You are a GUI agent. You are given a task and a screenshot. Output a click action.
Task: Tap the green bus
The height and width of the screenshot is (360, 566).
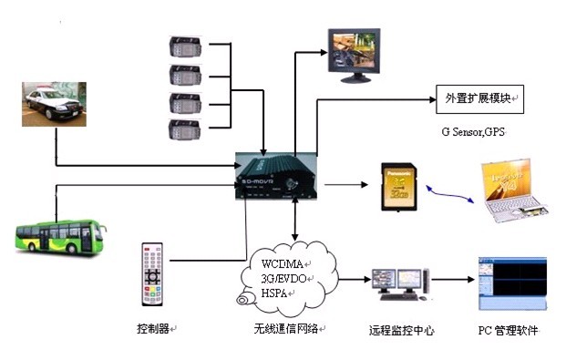(x=57, y=234)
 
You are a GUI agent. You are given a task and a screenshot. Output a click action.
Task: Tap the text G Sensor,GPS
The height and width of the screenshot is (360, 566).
(x=471, y=134)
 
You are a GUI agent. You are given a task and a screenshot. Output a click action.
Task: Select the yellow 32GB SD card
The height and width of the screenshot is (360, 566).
(x=399, y=187)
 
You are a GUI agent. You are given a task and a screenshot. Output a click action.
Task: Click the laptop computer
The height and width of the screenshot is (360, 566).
(x=514, y=192)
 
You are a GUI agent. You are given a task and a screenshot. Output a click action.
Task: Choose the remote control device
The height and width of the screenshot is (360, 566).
(x=152, y=273)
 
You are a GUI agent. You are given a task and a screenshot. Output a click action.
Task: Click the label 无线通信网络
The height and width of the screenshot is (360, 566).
(x=289, y=329)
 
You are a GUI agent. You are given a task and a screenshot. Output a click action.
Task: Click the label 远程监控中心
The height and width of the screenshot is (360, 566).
(x=401, y=331)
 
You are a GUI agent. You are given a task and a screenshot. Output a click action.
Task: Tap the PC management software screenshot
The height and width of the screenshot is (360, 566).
(x=512, y=283)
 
